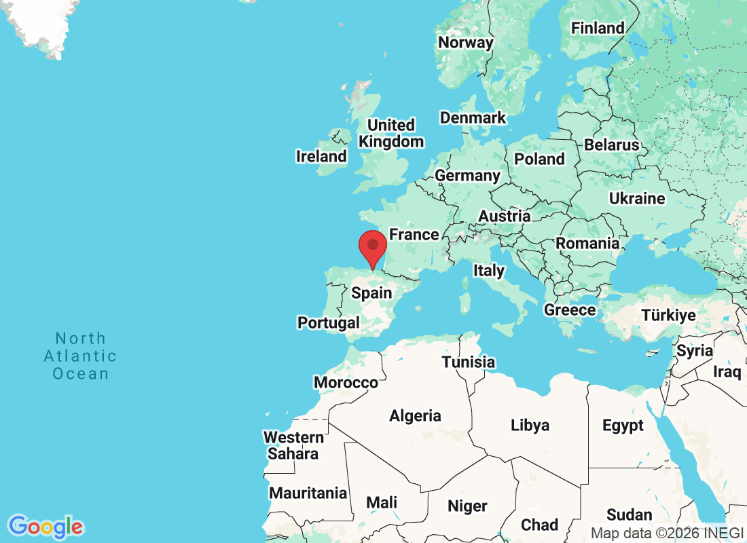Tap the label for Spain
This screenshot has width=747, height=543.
(371, 293)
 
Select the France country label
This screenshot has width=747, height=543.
(414, 235)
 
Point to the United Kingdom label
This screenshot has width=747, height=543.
(391, 134)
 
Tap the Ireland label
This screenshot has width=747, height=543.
(321, 157)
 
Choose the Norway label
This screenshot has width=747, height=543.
(465, 43)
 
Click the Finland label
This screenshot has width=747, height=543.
(598, 29)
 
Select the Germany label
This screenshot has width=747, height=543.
(467, 176)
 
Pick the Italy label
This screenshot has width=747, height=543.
(489, 271)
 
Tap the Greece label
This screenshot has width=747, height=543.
(570, 310)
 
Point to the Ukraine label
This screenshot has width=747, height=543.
(637, 199)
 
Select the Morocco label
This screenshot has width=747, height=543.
(346, 383)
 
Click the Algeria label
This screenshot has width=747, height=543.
(415, 416)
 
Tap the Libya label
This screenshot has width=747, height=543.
(530, 426)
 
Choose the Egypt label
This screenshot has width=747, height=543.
(623, 426)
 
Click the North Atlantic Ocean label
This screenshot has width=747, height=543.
(81, 356)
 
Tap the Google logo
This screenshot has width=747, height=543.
(46, 527)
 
